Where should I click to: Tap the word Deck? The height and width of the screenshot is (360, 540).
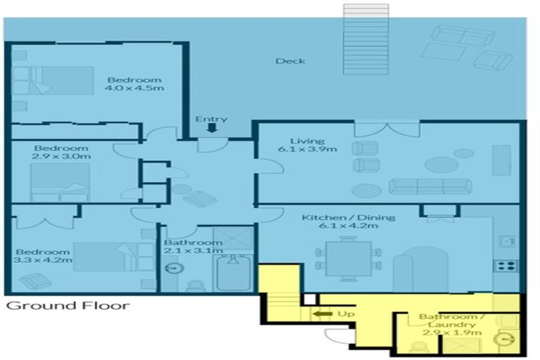click(x=290, y=61)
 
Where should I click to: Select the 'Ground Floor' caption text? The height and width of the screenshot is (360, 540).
click(x=67, y=306)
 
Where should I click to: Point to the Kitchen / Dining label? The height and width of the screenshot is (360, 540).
click(x=349, y=217)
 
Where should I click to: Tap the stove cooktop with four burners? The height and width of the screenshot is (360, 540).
click(x=506, y=266)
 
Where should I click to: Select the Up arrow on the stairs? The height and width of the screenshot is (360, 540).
click(x=324, y=314)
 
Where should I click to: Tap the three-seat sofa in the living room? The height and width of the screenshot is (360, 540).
click(x=429, y=186)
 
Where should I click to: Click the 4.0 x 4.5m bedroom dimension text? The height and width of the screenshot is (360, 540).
click(x=134, y=89)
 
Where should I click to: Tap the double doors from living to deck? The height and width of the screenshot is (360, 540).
click(x=387, y=129)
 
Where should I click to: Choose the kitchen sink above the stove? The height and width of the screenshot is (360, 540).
click(x=505, y=240)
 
